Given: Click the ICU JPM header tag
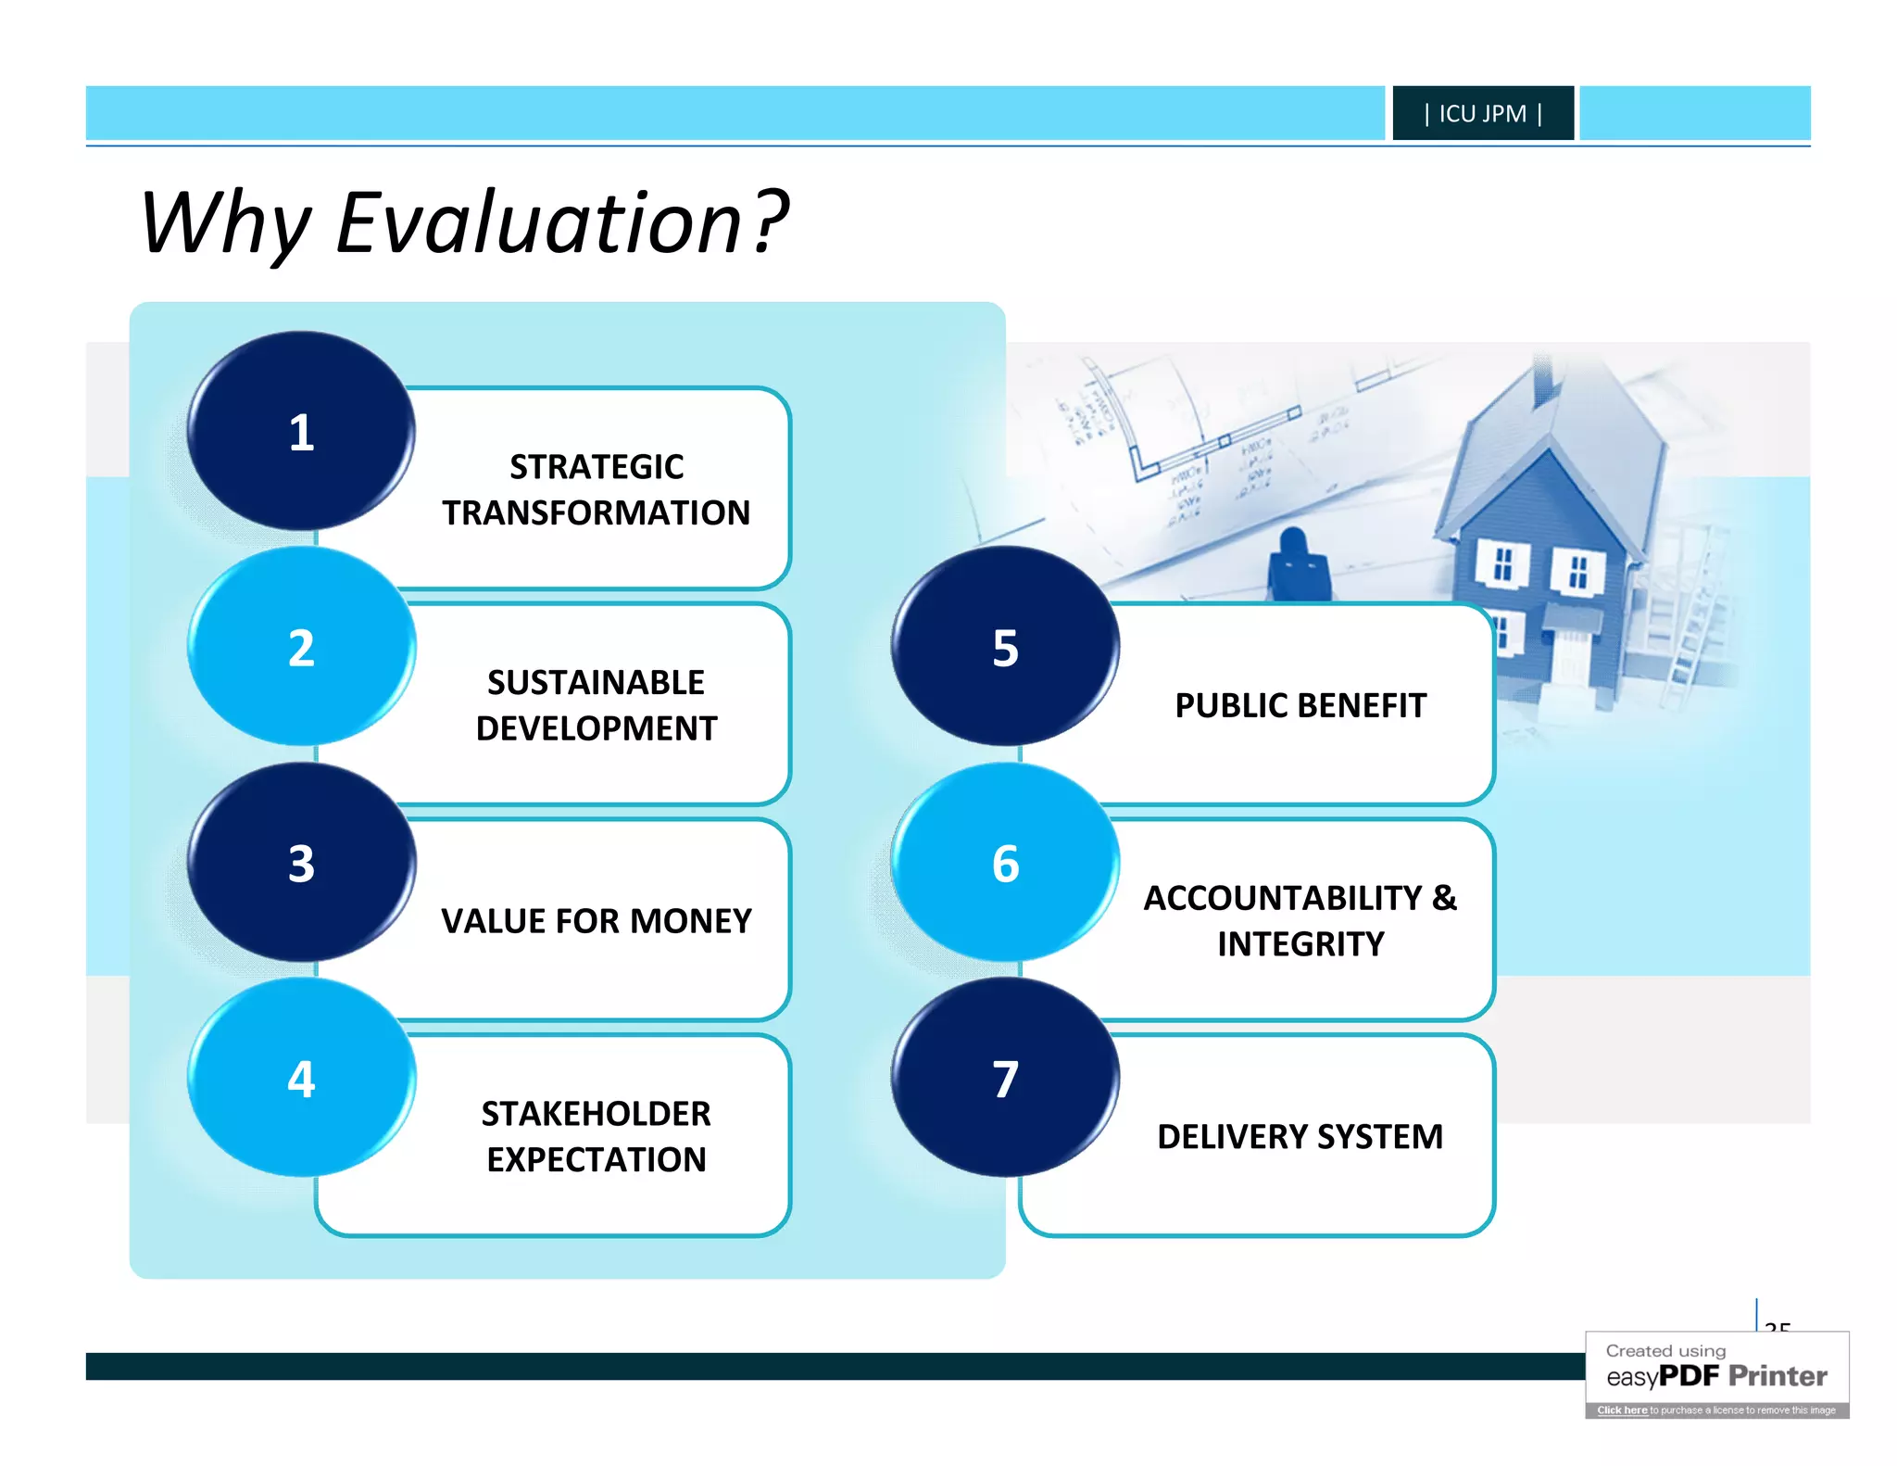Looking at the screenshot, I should (x=1482, y=113).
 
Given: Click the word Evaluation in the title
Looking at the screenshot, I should (x=539, y=222).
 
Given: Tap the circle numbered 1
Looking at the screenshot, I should (x=301, y=432).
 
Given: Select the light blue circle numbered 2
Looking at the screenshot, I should (x=301, y=647).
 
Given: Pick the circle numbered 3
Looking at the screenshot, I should (x=301, y=863).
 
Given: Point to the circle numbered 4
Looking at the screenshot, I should (x=301, y=1078).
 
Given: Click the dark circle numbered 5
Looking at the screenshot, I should (x=1005, y=647).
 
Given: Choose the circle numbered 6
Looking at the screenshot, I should (x=1005, y=863).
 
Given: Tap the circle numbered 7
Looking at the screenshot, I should (x=1005, y=1078).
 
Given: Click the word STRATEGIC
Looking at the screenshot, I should (x=597, y=467).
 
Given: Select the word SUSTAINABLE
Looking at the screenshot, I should (x=596, y=683).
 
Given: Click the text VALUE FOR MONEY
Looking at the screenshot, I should (x=596, y=921).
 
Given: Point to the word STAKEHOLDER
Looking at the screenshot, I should (x=596, y=1114).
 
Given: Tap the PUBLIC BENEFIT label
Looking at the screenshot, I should (x=1300, y=705).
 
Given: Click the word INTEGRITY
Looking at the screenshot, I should (x=1300, y=944).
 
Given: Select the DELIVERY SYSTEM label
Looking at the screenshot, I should (x=1300, y=1137).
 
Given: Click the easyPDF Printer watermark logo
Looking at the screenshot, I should (x=1716, y=1375).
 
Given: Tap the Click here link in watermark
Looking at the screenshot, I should (x=1622, y=1410).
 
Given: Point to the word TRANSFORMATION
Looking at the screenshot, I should (x=596, y=512).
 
